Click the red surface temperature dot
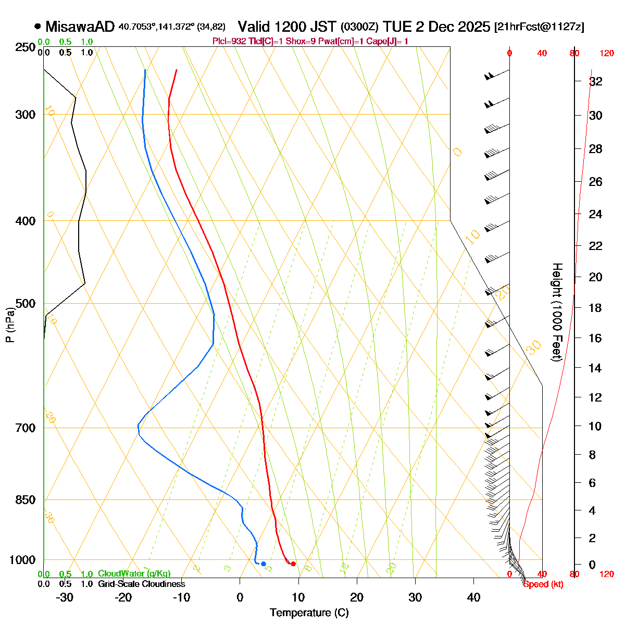point(293,564)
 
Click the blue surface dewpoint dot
point(264,564)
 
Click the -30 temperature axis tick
point(64,597)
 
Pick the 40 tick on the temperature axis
point(473,597)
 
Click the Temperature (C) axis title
point(309,612)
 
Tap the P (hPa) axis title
point(10,326)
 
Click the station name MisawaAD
point(80,27)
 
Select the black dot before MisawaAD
point(37,26)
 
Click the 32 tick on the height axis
point(595,82)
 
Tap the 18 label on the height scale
point(595,308)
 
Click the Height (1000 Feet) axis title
point(557,312)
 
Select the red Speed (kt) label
point(543,584)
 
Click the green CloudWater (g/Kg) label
point(134,574)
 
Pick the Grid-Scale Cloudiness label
point(142,584)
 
